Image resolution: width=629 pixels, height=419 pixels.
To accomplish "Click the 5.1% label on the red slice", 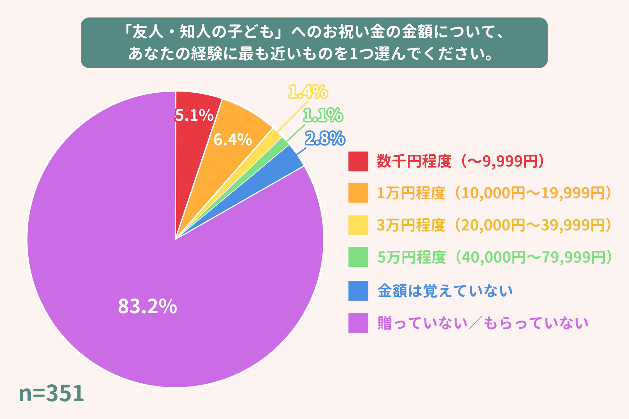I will click(x=194, y=115).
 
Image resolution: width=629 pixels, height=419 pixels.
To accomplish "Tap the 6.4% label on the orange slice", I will click(x=233, y=140).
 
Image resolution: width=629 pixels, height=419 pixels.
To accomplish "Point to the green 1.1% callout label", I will click(x=323, y=115).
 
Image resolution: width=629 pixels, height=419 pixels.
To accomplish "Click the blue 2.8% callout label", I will click(x=325, y=138).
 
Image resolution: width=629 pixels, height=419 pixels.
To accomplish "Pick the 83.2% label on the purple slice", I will click(x=147, y=306).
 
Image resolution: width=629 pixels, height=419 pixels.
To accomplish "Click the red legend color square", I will click(x=358, y=161).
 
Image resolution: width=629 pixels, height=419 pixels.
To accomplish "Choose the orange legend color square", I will click(x=358, y=193).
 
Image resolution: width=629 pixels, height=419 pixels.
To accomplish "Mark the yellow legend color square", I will click(x=358, y=225).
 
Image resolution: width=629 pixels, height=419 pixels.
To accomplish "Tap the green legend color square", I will click(x=358, y=257).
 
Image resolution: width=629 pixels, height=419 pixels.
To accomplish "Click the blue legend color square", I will click(x=358, y=291).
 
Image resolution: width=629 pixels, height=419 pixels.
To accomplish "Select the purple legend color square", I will click(x=358, y=323).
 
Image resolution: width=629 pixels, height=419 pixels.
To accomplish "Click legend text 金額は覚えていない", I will click(x=445, y=291).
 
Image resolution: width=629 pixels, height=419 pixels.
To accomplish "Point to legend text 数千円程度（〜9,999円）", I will click(x=461, y=161).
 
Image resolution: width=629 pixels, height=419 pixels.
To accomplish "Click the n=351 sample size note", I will click(x=51, y=394).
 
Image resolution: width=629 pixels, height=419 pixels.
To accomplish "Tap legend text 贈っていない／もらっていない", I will click(x=483, y=323).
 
